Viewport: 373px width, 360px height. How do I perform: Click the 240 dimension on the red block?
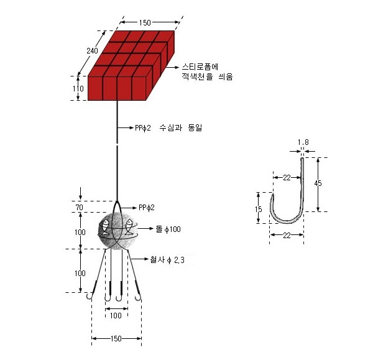click(x=92, y=51)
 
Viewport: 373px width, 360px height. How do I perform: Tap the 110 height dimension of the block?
click(x=78, y=88)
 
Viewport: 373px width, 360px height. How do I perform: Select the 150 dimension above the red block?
click(x=145, y=22)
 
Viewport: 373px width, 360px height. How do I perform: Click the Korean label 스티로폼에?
click(x=200, y=67)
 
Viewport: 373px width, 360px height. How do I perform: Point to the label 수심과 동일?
click(x=181, y=128)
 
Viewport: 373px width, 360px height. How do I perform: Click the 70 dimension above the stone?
click(x=80, y=207)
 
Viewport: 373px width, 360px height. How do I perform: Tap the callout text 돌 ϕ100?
click(x=168, y=229)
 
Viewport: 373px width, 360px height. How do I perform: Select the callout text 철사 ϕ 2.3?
click(x=167, y=260)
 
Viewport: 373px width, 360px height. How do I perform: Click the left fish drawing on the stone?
click(x=105, y=226)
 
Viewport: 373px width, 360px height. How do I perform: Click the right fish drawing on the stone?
click(x=129, y=226)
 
